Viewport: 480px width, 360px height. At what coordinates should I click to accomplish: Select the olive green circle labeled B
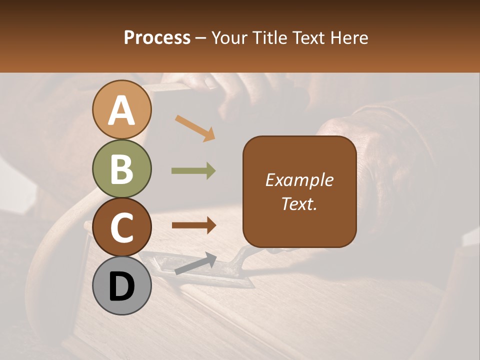[x=122, y=169]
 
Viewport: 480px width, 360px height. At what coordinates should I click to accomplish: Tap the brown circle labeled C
[x=122, y=227]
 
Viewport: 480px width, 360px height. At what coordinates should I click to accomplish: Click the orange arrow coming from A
[x=195, y=128]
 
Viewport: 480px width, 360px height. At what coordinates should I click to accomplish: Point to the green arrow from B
[x=193, y=170]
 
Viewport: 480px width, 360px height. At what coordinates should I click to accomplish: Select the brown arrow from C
[x=193, y=225]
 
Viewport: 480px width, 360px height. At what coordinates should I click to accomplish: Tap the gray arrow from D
[x=195, y=263]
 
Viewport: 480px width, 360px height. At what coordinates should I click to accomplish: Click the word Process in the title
[x=157, y=37]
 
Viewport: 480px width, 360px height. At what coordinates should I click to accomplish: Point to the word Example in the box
[x=299, y=180]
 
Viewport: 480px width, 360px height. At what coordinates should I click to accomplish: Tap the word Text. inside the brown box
[x=299, y=203]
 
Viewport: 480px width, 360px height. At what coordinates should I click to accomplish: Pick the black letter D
[x=122, y=286]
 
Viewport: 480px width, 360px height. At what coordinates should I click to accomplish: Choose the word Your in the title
[x=229, y=37]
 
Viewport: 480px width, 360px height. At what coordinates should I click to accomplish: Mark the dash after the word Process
[x=200, y=38]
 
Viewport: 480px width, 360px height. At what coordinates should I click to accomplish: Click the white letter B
[x=122, y=169]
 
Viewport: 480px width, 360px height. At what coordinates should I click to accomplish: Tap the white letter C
[x=122, y=227]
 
